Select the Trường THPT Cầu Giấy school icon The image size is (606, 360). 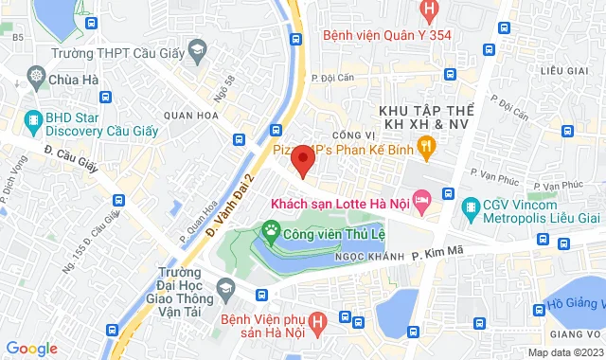(198, 48)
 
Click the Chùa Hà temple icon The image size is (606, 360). (36, 77)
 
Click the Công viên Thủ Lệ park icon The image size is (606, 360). (273, 229)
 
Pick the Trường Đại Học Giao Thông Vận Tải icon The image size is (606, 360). (224, 287)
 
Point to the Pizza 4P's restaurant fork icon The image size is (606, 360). (427, 145)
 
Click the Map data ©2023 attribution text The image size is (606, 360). (565, 352)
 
